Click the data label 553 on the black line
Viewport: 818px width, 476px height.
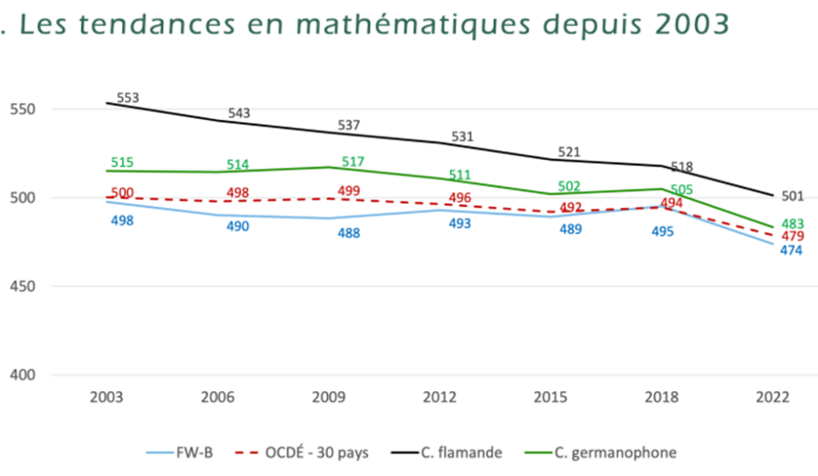128,98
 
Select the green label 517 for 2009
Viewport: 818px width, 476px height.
352,162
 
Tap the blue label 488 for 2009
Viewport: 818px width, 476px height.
348,232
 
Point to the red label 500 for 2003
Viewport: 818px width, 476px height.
123,193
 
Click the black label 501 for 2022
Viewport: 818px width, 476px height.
793,196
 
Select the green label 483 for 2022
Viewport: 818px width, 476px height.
792,224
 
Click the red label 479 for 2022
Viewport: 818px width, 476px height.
792,236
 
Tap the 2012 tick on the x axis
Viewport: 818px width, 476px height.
440,398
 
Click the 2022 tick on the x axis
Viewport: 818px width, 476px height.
771,398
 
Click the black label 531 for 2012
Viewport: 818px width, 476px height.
462,137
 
